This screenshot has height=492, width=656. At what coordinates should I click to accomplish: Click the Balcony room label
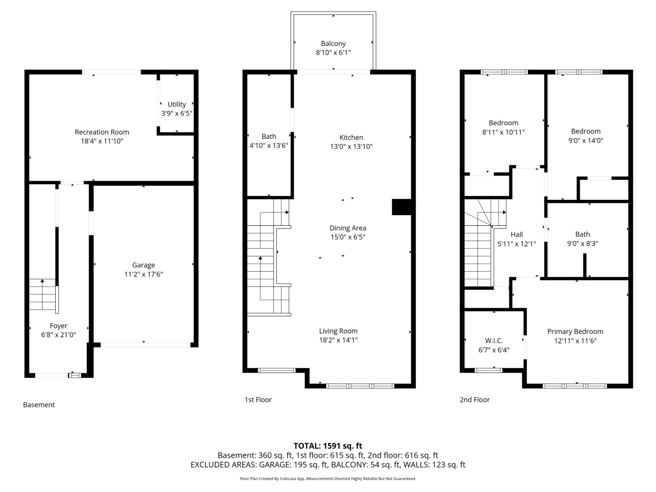point(333,43)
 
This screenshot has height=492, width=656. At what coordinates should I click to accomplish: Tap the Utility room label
point(177,104)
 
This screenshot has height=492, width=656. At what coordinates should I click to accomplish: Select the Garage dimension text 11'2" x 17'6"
point(143,274)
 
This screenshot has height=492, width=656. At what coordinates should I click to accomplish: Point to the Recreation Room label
point(102,132)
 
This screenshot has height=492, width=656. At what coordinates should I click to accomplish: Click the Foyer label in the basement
point(58,326)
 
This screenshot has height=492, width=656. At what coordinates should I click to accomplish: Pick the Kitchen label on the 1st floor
point(351,137)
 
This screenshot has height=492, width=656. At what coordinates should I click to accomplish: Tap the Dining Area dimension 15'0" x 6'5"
point(348,237)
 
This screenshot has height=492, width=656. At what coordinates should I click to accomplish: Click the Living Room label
point(338,331)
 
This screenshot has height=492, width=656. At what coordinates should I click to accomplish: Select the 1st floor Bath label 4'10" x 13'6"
point(269,141)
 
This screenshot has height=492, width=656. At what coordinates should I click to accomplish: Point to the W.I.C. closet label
point(494,341)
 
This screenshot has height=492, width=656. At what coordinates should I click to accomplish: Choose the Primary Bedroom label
point(575,331)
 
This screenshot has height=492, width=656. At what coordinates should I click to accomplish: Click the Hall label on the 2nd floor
point(517,234)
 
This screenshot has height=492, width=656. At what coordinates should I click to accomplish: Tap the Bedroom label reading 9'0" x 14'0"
point(586,136)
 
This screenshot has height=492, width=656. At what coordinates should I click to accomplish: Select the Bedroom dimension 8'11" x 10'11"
point(503,132)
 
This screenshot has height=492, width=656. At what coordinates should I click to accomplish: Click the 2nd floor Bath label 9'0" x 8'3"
point(583,239)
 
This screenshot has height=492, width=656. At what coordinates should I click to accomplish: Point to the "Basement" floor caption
point(39,405)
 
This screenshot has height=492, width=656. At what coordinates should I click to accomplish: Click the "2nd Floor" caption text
point(475,399)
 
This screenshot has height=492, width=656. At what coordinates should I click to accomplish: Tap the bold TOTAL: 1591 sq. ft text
point(328,446)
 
